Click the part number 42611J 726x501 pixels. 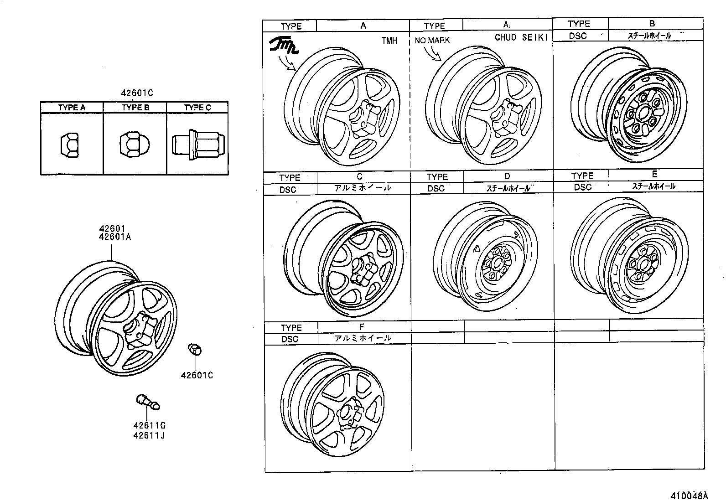149,435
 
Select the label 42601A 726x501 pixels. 114,237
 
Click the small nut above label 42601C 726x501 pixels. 195,350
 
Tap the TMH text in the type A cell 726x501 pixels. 389,41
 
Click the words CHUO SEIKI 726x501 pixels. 521,38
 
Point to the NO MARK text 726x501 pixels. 432,40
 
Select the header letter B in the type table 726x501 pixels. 652,23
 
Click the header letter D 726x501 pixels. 507,176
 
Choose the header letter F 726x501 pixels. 361,327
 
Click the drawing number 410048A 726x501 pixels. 689,496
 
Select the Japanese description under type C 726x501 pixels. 362,188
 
